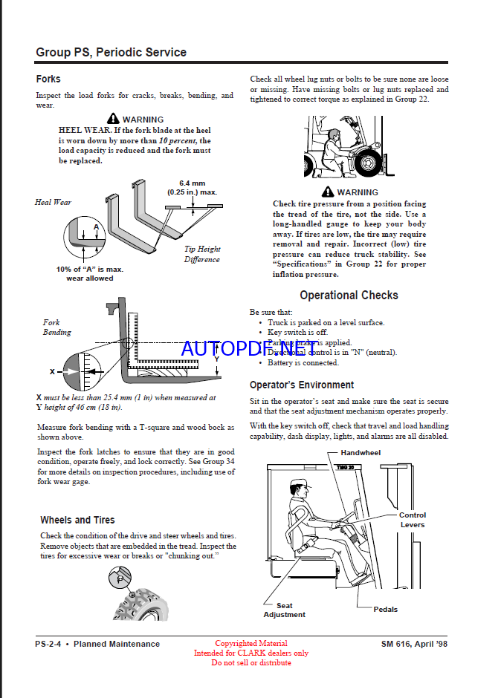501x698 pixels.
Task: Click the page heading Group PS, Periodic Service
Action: (x=111, y=53)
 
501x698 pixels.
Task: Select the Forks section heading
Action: (x=48, y=79)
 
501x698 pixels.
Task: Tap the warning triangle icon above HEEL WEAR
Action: (x=113, y=119)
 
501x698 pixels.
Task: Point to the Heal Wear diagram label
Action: (x=54, y=202)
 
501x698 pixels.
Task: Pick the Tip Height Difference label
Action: (x=202, y=254)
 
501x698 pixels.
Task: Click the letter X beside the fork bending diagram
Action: (x=52, y=371)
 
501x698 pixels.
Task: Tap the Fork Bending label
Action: (x=56, y=327)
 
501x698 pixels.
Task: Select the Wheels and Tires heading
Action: (x=77, y=520)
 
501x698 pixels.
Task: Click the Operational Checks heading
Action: (x=349, y=295)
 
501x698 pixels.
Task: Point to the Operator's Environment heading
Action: (x=301, y=385)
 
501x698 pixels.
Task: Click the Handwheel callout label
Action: (x=361, y=452)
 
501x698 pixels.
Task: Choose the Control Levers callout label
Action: (x=413, y=520)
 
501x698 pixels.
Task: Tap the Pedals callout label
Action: (x=385, y=609)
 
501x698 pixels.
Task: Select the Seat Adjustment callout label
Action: (x=284, y=610)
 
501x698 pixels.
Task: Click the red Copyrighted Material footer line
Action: (x=250, y=643)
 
